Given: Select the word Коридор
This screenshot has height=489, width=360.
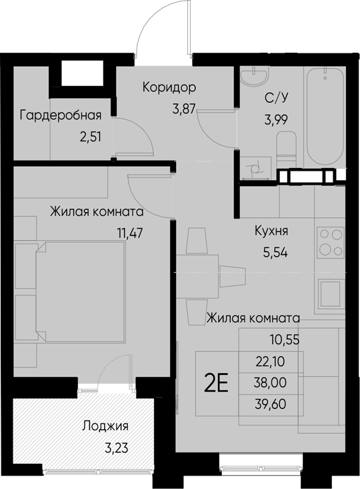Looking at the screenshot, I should (169, 87).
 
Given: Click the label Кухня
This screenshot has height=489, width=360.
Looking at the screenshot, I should (271, 231).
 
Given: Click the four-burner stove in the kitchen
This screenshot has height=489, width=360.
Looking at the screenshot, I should (330, 242).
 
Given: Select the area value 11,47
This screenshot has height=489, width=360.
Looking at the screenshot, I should (130, 234).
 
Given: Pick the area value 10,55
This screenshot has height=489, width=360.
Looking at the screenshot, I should (287, 339).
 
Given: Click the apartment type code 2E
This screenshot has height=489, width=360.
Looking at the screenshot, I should (216, 384).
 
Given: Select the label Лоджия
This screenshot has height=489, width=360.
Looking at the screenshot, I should (105, 426).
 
